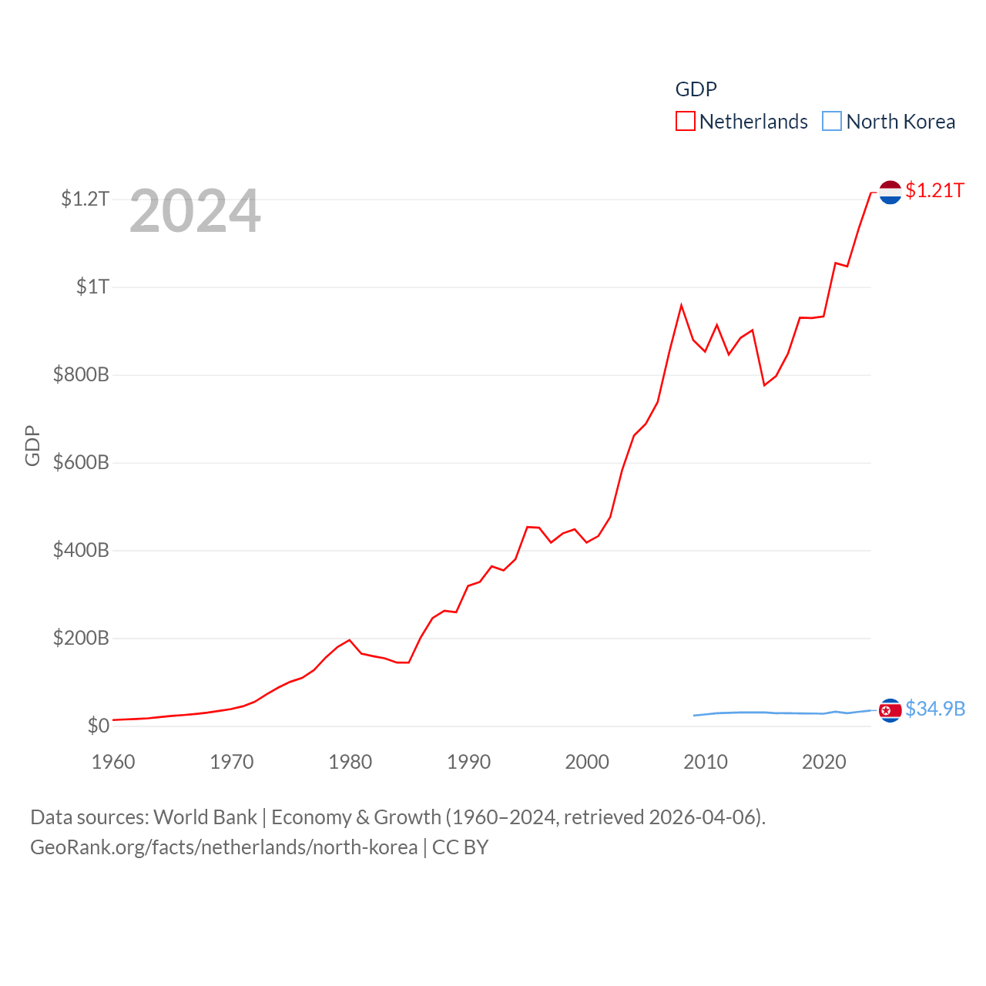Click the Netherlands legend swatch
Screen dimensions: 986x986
(686, 122)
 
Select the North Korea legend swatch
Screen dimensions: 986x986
(832, 122)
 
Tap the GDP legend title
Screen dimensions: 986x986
(696, 89)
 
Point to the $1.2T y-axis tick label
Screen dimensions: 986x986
(85, 200)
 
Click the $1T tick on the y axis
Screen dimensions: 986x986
(92, 287)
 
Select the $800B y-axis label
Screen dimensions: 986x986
(81, 375)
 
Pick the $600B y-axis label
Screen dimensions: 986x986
(81, 463)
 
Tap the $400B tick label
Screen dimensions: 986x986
(81, 551)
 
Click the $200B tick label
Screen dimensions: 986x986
(81, 639)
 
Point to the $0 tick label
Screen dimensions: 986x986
(98, 726)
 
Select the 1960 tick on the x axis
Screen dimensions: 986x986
(113, 762)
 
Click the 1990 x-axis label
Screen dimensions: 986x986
(468, 762)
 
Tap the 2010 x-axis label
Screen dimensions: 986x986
(706, 762)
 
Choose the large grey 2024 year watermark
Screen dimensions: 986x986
(195, 211)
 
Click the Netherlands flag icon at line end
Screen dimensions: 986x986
(890, 192)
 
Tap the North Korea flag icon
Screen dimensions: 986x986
(890, 710)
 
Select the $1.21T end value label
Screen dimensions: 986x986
(934, 190)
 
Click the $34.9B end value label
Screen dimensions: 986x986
(935, 709)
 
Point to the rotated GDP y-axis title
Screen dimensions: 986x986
(32, 445)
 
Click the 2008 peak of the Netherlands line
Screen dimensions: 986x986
(681, 306)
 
